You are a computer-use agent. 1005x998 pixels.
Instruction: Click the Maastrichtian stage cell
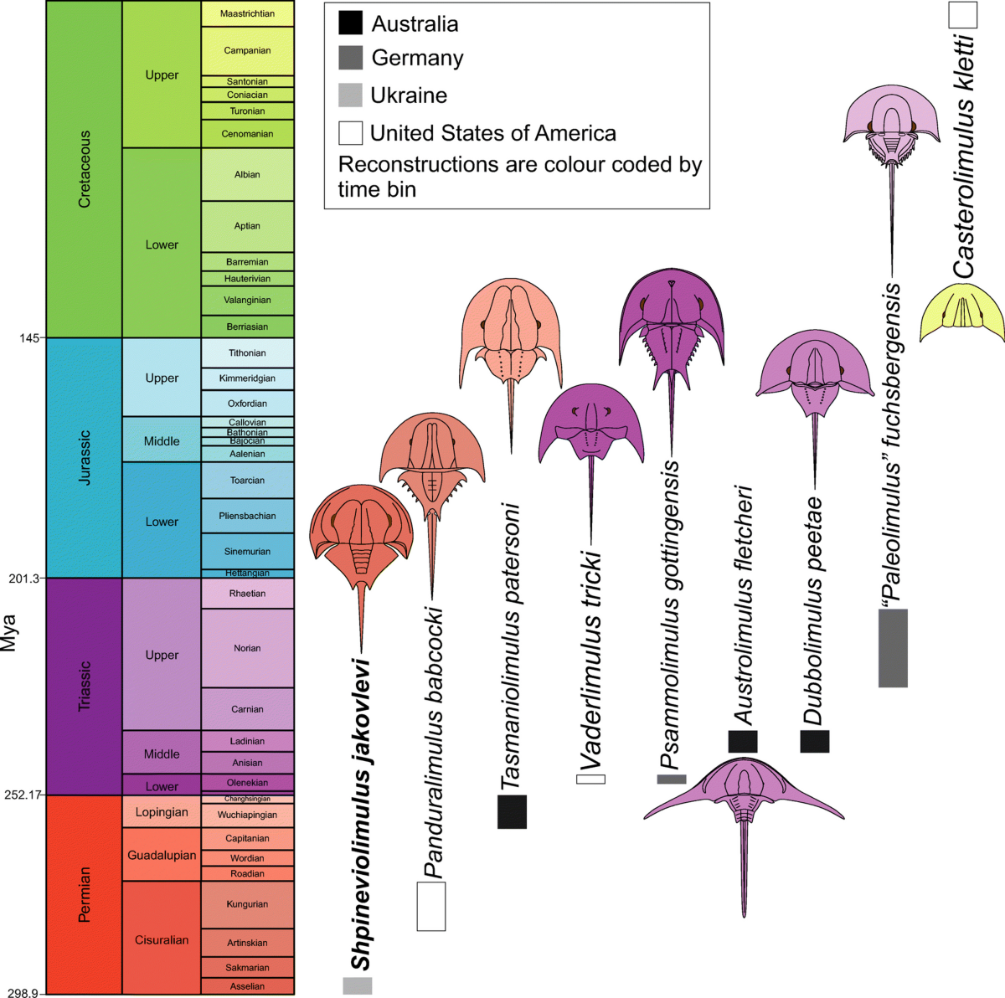(x=247, y=13)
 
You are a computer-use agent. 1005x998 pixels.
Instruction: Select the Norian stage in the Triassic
(x=247, y=648)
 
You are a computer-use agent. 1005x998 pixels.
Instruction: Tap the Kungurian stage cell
(x=247, y=904)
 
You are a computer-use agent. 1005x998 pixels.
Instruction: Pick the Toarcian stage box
(x=247, y=481)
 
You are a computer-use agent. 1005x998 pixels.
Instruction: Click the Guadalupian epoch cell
(x=162, y=855)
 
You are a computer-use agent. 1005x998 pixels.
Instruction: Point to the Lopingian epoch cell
(x=162, y=811)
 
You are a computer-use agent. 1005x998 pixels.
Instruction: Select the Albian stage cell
(x=247, y=174)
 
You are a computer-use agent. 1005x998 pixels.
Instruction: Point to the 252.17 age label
(x=23, y=795)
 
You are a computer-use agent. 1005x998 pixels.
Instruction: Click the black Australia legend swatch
(x=350, y=23)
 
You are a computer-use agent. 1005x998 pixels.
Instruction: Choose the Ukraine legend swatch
(x=350, y=95)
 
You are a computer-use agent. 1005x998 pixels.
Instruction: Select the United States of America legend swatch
(x=350, y=133)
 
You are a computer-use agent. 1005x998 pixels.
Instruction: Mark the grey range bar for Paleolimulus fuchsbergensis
(x=893, y=648)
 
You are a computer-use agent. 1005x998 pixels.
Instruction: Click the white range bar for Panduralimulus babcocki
(x=431, y=906)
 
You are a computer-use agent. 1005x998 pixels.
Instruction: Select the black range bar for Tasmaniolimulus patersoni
(x=512, y=811)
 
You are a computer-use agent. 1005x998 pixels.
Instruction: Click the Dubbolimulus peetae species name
(x=813, y=611)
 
